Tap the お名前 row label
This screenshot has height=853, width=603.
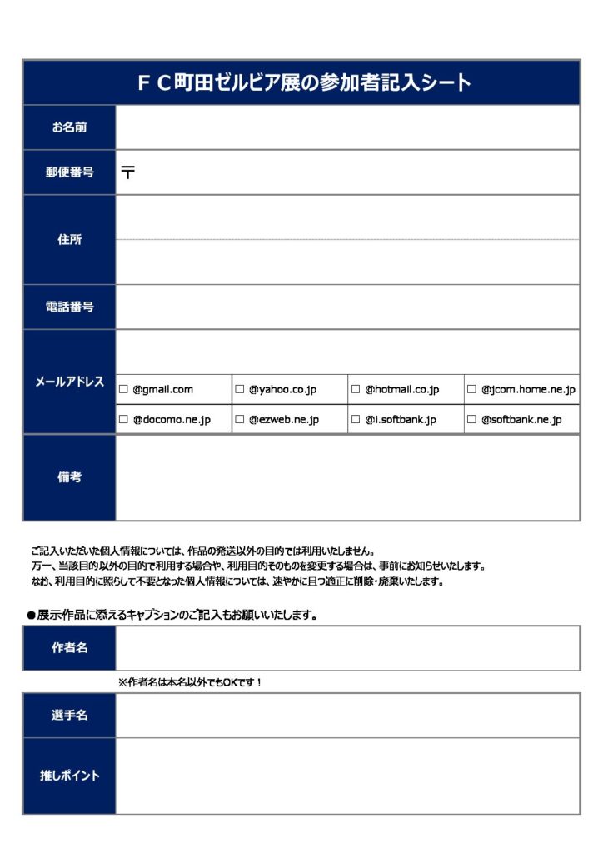(69, 127)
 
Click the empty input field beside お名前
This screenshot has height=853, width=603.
(346, 127)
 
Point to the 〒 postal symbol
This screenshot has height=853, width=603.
(128, 172)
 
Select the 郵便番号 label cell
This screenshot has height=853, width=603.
(69, 172)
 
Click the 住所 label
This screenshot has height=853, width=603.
(69, 240)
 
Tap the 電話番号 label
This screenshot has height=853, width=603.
(69, 307)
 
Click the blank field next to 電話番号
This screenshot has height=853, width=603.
(346, 307)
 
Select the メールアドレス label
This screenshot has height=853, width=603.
(69, 382)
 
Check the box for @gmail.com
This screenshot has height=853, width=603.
(123, 389)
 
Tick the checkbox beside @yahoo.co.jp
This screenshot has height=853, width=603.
(240, 389)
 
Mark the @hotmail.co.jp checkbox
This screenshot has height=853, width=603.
(356, 389)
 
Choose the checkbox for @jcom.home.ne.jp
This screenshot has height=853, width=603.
(472, 389)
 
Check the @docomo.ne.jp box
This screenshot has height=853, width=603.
(123, 420)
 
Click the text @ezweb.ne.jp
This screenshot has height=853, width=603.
(283, 420)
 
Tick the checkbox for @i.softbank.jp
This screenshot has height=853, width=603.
(356, 420)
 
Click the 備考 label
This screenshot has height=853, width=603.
(69, 477)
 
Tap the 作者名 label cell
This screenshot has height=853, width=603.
(69, 648)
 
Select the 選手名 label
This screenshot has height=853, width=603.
(69, 715)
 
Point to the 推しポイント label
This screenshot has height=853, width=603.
(69, 776)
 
